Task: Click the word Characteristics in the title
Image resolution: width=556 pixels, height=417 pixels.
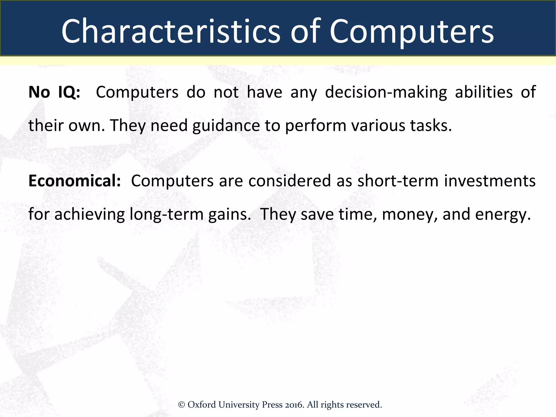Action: (x=170, y=31)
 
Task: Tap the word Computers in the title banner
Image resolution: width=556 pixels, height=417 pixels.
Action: (x=412, y=31)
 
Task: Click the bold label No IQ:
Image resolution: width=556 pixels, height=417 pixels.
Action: (x=54, y=92)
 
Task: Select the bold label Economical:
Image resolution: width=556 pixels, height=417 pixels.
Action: (x=74, y=181)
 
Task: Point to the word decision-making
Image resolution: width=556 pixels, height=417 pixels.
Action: (x=386, y=92)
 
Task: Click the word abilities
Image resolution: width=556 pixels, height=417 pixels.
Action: (x=484, y=92)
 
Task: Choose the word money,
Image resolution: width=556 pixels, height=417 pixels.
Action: (x=410, y=214)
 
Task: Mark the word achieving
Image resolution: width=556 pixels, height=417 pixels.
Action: (x=90, y=214)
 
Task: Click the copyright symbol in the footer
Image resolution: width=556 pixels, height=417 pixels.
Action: (x=181, y=405)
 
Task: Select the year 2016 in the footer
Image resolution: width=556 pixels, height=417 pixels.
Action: (x=294, y=405)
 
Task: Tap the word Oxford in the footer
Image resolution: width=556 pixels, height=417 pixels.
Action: (x=201, y=405)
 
